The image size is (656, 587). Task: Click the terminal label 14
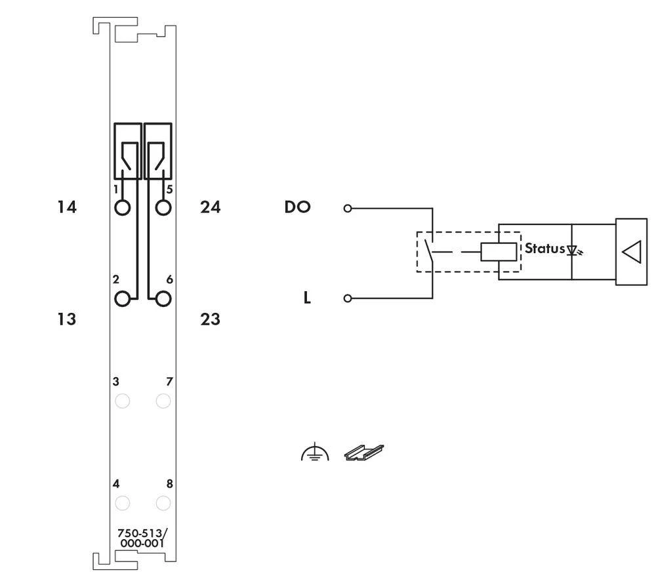66,208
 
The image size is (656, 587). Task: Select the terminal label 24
210,208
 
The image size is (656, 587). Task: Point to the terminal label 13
66,320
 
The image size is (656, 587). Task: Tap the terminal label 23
210,320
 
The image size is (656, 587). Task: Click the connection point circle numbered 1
122,208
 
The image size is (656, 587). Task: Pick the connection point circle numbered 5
163,208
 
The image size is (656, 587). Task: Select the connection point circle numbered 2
122,299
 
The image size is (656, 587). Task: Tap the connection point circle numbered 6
163,299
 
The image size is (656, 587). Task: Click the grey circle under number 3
122,401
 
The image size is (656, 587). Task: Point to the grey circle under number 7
163,401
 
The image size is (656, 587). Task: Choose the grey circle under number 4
122,503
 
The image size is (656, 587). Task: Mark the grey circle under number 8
163,503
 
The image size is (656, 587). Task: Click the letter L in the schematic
306,299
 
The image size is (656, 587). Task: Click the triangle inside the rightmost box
631,251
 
